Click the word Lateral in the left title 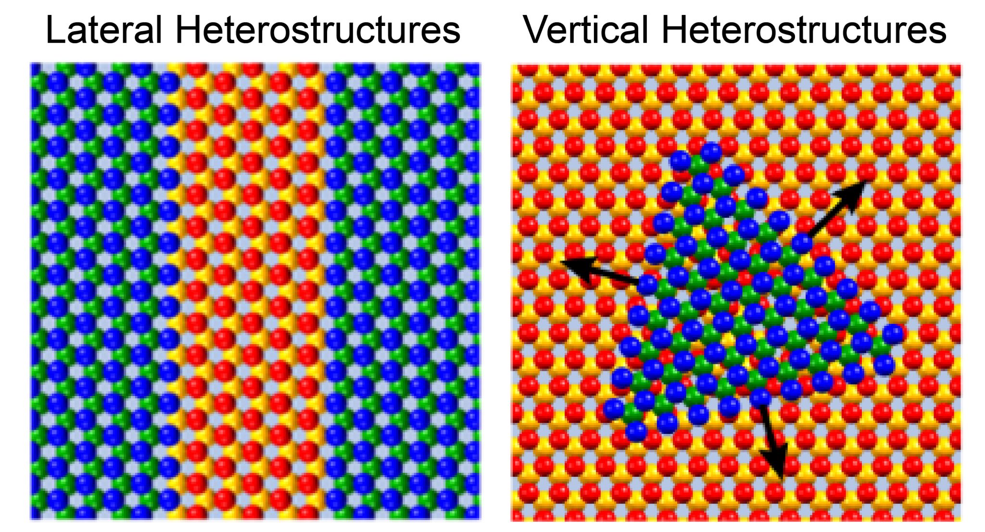pyautogui.click(x=103, y=30)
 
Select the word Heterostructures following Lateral pyautogui.click(x=317, y=30)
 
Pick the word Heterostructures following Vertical pyautogui.click(x=804, y=30)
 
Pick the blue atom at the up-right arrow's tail pyautogui.click(x=802, y=243)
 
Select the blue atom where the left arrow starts pyautogui.click(x=647, y=285)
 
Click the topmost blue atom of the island pyautogui.click(x=711, y=152)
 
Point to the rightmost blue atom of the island pyautogui.click(x=893, y=334)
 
